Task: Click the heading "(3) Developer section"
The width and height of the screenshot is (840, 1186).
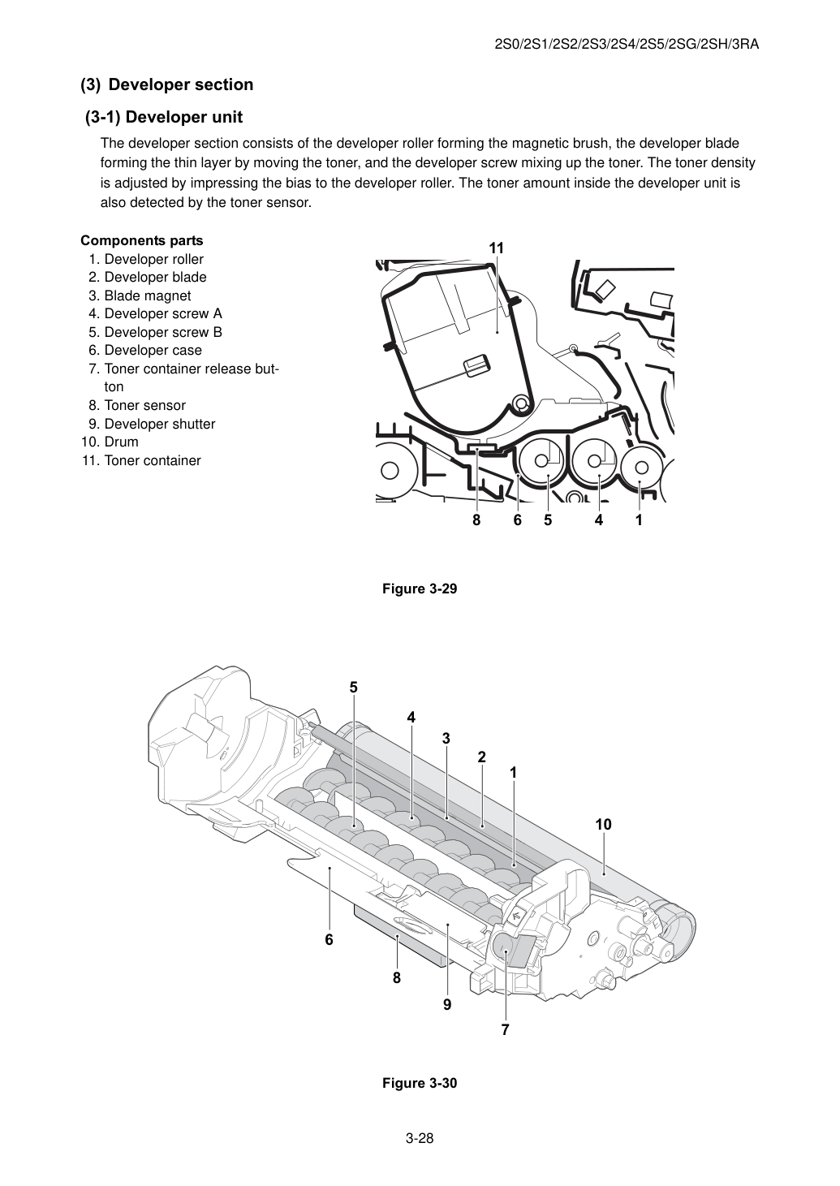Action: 166,84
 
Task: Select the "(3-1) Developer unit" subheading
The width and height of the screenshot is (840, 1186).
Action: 164,117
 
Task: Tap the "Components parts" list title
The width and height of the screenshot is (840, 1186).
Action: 142,240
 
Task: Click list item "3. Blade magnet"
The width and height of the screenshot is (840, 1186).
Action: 140,295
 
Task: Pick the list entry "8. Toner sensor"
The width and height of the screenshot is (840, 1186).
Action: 137,405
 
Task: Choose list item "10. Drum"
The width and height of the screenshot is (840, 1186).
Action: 110,442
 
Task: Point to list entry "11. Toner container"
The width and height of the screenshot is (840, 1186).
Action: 141,460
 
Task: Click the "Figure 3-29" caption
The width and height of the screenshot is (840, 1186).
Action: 420,589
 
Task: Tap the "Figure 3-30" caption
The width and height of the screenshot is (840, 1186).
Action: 420,1083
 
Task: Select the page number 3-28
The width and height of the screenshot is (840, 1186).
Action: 420,1138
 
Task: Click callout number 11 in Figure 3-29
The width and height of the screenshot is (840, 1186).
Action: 497,248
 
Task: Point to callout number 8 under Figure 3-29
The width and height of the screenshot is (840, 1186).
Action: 476,520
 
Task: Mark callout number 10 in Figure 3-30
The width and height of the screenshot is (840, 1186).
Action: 603,824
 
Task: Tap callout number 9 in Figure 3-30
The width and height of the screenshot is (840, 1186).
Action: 447,1004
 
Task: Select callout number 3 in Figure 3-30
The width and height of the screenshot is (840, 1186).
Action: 446,738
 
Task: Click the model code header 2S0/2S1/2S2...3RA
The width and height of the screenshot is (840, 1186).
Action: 627,45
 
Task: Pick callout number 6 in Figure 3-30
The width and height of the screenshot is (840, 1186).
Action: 330,939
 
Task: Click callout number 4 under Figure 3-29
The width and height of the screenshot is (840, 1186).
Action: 599,520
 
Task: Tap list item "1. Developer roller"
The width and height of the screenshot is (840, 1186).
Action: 146,259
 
